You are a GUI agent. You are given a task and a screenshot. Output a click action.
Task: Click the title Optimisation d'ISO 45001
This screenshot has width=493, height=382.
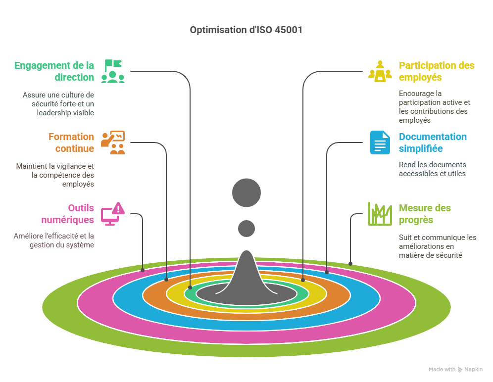click(246, 30)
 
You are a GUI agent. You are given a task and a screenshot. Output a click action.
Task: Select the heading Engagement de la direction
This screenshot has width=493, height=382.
click(54, 71)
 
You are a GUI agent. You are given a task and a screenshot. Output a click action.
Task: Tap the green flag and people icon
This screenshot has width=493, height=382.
click(113, 71)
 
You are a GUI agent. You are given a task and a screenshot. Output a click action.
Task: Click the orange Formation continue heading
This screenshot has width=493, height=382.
click(71, 143)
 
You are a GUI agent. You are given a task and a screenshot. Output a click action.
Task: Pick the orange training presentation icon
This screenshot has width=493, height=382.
click(113, 143)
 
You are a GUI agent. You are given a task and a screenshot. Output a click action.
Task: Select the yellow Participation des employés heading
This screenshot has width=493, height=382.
click(437, 71)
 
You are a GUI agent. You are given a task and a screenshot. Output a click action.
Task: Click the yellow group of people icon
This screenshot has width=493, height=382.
click(380, 71)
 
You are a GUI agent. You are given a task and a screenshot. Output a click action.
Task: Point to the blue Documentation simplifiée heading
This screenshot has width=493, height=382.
click(433, 143)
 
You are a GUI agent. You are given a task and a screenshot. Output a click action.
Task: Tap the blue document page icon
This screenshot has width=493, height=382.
click(380, 143)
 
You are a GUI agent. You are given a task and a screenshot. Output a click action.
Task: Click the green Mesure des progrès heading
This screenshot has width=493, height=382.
click(425, 214)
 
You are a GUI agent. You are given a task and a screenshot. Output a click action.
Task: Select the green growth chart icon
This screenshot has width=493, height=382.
click(380, 214)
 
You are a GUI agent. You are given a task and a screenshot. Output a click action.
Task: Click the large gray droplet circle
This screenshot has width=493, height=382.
click(246, 192)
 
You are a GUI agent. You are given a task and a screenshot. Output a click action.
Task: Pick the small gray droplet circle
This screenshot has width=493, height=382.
click(246, 228)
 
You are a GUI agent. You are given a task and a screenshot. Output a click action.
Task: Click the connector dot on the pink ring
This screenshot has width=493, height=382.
click(143, 270)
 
